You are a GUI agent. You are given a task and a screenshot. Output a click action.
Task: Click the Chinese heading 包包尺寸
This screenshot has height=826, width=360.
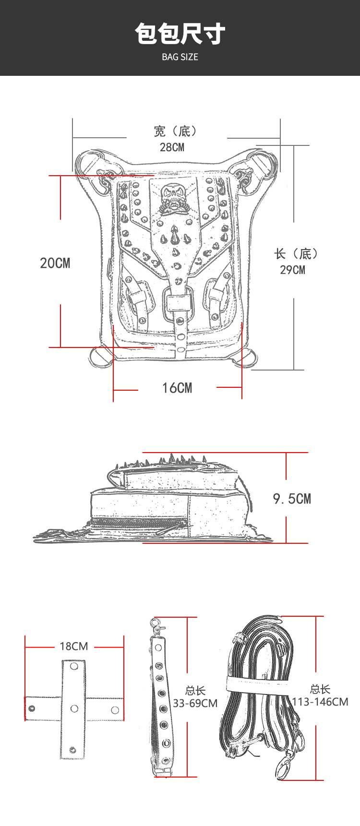click(x=180, y=34)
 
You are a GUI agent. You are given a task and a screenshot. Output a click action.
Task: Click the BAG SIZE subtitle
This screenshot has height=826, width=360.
click(x=180, y=57)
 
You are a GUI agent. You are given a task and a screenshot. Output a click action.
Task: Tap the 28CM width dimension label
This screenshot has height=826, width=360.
click(x=172, y=147)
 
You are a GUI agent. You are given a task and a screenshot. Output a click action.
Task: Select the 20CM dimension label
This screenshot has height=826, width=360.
click(x=55, y=263)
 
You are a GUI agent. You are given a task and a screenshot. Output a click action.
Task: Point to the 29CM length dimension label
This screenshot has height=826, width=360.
click(x=292, y=270)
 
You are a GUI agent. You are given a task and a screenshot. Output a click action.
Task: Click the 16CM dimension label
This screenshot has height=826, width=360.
click(x=177, y=388)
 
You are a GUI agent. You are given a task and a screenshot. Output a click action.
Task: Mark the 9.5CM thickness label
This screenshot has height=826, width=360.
click(x=292, y=499)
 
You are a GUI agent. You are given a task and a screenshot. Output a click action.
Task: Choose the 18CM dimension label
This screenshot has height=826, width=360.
click(x=74, y=646)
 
